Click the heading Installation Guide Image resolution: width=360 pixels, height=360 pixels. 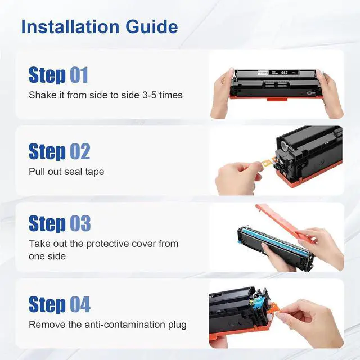point(99,26)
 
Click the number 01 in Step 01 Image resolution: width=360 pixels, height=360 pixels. point(79,75)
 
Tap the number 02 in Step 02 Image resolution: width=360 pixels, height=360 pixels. point(79,151)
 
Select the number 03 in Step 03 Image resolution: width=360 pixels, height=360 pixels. point(79,223)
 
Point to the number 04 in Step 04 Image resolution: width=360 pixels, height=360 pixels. point(79,304)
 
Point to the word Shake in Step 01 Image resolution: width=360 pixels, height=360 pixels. point(42,95)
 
